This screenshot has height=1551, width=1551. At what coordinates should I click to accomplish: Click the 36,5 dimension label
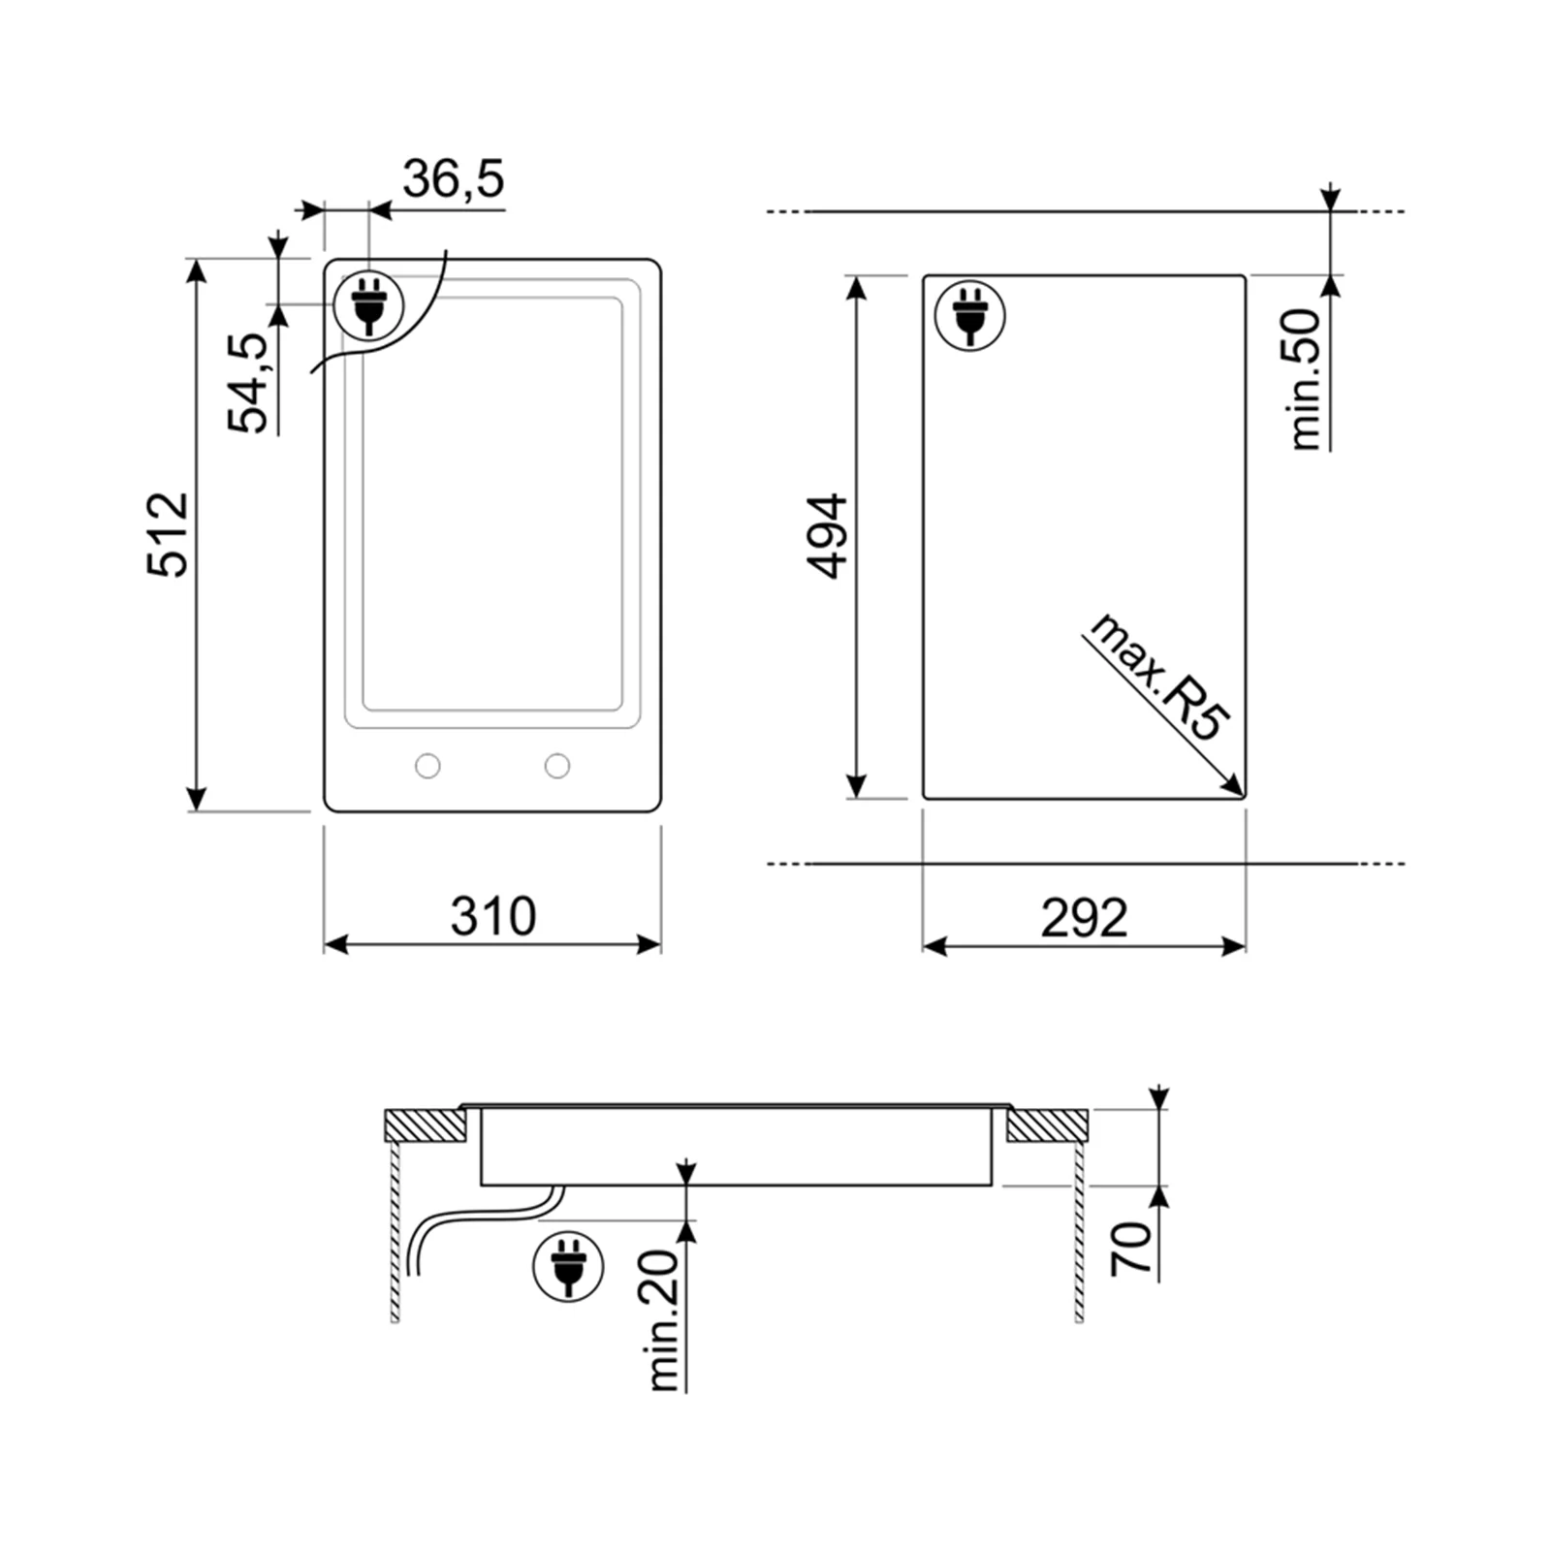click(454, 179)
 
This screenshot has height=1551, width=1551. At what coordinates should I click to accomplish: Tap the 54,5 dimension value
click(248, 383)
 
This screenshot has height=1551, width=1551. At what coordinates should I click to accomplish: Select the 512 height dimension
click(168, 535)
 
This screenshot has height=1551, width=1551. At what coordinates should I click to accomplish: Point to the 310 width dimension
click(492, 916)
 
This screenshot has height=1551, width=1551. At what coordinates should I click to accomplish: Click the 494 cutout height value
click(829, 537)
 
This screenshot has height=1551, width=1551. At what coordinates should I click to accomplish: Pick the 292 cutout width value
click(1084, 917)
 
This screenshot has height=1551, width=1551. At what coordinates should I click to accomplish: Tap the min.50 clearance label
click(1306, 379)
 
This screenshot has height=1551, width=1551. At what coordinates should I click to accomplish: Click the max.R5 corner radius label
click(1158, 678)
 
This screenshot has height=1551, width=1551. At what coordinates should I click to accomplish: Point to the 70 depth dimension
click(1131, 1249)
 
